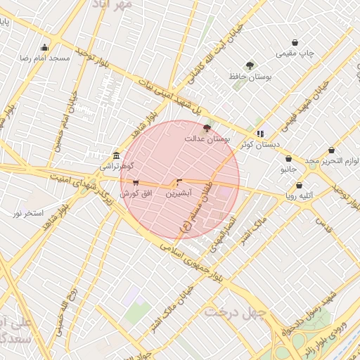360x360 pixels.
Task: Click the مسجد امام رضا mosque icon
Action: (45, 48)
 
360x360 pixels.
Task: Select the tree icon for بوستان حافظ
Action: (250, 65)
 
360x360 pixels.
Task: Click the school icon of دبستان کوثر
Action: (260, 133)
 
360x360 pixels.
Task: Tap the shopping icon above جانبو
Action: (289, 159)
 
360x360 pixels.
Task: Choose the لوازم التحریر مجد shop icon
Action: (331, 150)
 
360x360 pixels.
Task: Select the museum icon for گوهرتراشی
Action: (116, 155)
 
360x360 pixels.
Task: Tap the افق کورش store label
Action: (136, 193)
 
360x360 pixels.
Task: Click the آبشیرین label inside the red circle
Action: (177, 193)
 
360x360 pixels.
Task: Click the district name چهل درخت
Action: (233, 312)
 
